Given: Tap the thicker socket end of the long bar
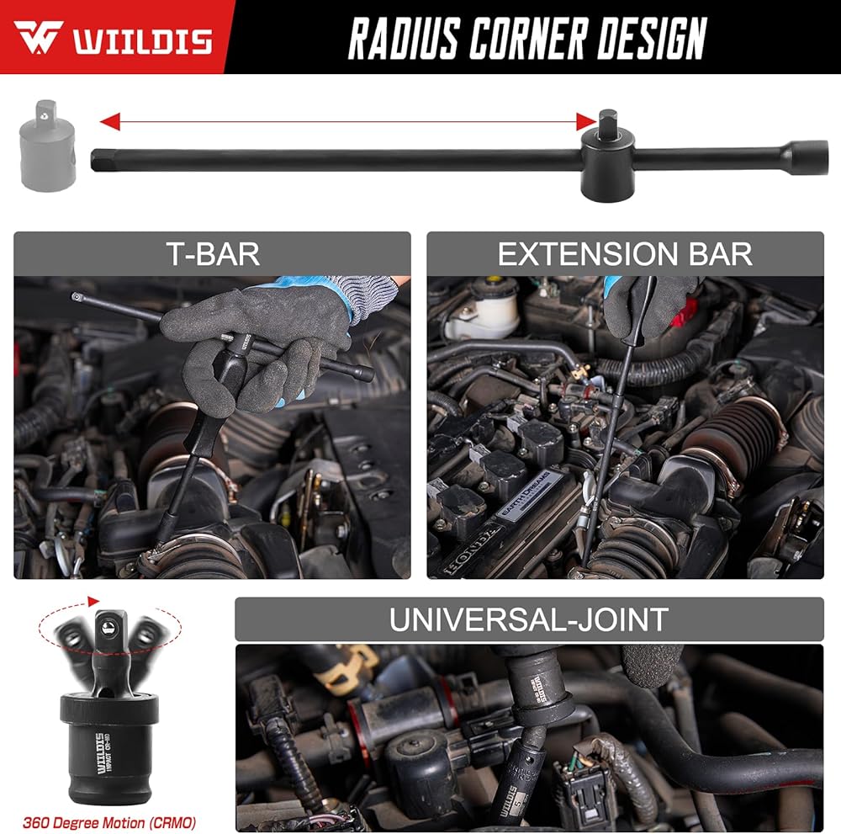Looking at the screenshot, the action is [x=803, y=157].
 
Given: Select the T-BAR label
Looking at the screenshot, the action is [x=212, y=253].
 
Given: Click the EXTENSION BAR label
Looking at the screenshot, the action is [x=625, y=253].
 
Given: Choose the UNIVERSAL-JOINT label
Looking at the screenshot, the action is [x=528, y=619].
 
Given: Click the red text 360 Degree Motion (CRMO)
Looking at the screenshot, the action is [x=110, y=822].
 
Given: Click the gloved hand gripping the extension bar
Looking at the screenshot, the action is [x=653, y=303].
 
